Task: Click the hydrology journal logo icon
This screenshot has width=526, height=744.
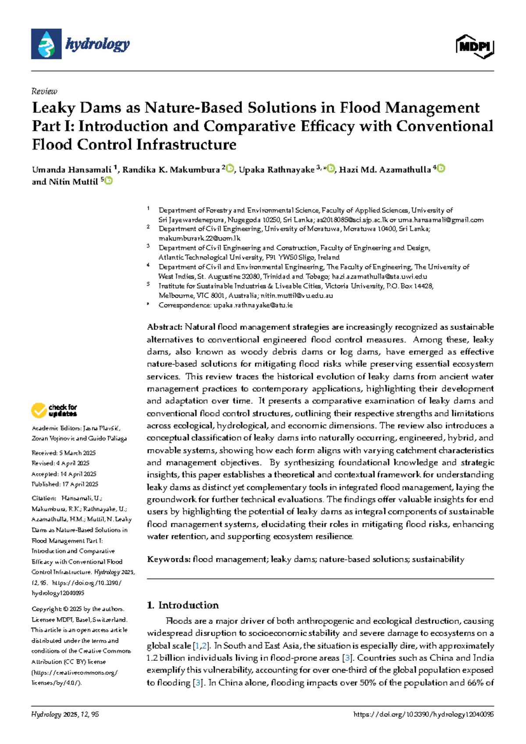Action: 46,44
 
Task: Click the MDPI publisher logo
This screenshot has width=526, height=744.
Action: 475,46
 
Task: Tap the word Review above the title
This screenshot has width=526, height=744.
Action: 44,91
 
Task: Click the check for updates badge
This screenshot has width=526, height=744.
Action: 54,411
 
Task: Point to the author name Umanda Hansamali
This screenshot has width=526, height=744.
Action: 71,170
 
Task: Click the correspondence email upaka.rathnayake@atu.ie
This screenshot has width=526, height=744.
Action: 253,305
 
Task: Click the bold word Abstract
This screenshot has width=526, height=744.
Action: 164,327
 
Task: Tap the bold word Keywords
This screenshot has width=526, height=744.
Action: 169,559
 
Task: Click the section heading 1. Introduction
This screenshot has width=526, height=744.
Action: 183,605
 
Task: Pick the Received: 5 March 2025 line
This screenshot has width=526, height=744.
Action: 64,453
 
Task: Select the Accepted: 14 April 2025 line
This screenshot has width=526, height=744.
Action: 64,474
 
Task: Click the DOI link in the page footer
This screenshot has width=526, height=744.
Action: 423,714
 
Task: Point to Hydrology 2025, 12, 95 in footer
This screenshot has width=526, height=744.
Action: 65,714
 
